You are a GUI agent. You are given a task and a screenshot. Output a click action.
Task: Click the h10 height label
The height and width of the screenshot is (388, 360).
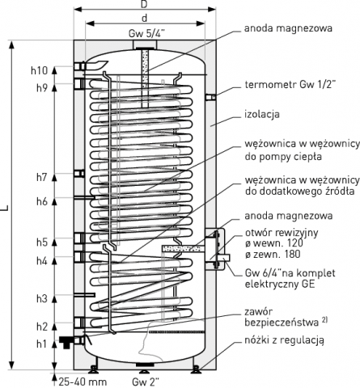coord(39,70)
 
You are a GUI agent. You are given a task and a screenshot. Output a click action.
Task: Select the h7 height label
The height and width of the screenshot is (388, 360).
coord(42,177)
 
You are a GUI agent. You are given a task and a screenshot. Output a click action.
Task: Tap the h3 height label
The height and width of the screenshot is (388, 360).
coord(42,298)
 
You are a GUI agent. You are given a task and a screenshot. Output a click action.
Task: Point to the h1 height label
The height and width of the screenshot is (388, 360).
coord(41,344)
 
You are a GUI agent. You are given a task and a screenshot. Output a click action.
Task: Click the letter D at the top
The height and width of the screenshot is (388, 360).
coord(145,4)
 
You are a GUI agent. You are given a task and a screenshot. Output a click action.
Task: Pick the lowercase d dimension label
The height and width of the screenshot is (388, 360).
coord(145,18)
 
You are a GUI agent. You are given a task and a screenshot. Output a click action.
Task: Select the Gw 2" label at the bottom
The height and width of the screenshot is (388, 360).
coord(146,382)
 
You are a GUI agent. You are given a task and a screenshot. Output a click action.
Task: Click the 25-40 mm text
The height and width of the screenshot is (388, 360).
coord(83,382)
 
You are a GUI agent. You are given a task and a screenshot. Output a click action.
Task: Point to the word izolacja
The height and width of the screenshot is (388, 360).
coord(262,114)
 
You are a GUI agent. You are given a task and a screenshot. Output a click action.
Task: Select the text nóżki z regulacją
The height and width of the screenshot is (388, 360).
coord(284,340)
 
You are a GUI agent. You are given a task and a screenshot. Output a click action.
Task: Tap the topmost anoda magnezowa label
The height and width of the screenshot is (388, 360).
coord(288,28)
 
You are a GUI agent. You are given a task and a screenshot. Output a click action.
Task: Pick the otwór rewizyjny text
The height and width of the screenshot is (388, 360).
coord(282,233)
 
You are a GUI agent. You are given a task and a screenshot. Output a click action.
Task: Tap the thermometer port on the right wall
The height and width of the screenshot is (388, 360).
coord(210,97)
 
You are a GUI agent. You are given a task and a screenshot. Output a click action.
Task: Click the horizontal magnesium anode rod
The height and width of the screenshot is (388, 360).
coord(182,249)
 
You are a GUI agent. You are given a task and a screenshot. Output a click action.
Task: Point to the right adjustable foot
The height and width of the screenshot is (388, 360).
coord(196,369)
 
